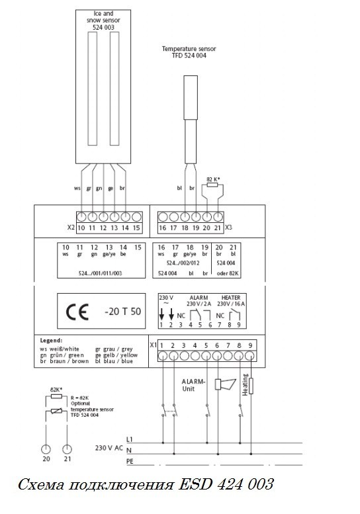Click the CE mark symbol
coord(77,312)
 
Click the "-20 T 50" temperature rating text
coord(122,312)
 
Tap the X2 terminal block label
coord(71,227)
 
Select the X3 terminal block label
coord(228,227)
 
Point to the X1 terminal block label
coord(153,345)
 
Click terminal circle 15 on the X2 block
coord(137,217)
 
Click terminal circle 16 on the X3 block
coord(163,217)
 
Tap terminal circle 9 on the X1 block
coord(250,356)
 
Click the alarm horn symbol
coord(225,384)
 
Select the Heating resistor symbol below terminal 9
coord(251,386)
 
